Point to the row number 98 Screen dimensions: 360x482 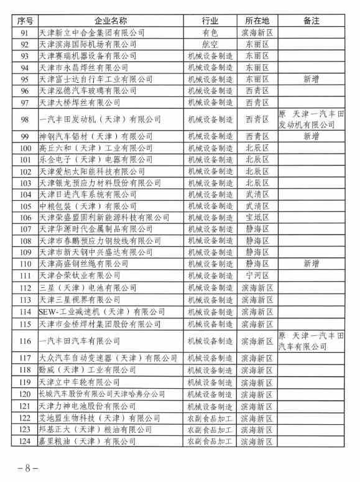[x=25, y=119]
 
